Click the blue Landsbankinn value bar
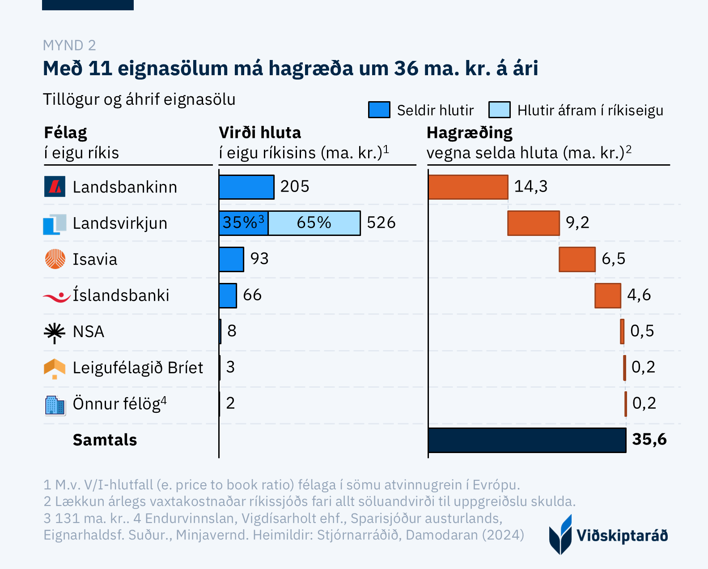tap(246, 187)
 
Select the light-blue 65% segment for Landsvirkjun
tap(314, 223)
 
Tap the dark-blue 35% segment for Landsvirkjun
tap(243, 223)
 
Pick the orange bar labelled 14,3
tap(468, 187)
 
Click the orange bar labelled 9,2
tap(533, 223)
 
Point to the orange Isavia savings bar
tap(577, 259)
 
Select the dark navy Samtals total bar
tap(527, 440)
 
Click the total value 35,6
tap(649, 440)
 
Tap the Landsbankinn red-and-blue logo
tap(55, 187)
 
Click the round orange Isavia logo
tap(55, 259)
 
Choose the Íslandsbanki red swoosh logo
tap(56, 296)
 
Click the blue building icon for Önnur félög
tap(55, 405)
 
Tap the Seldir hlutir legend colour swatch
tap(379, 110)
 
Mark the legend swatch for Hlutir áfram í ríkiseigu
tap(499, 110)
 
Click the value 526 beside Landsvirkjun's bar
tap(381, 223)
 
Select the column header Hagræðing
tap(469, 133)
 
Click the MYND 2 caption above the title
tap(69, 45)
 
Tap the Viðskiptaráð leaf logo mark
tap(560, 535)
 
